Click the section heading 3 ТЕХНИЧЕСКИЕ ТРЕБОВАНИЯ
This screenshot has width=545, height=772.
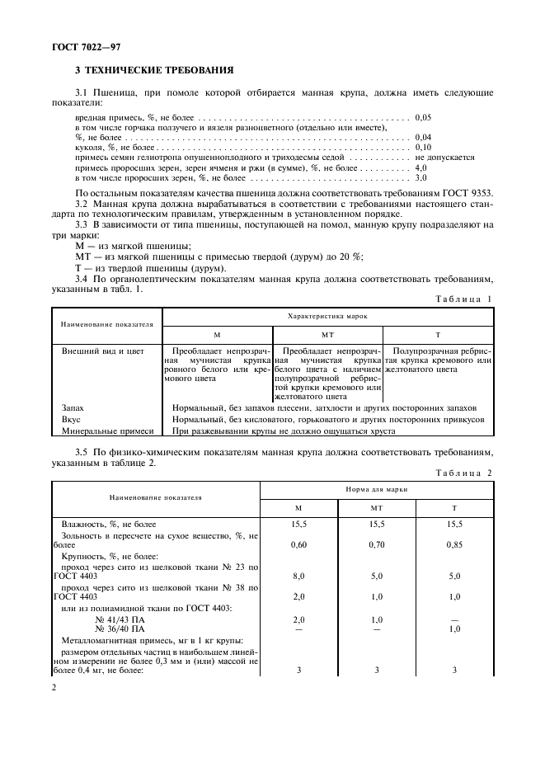pos(154,70)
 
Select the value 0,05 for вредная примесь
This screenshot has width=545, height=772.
pos(424,119)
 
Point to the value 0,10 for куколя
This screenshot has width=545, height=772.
pos(424,146)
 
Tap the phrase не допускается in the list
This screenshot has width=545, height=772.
pos(444,157)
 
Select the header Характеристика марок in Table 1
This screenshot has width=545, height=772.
pos(327,316)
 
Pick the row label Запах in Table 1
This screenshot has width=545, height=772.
pos(73,407)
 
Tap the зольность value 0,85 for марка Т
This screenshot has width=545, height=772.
pos(454,544)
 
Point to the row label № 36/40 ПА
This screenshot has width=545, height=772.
pos(115,629)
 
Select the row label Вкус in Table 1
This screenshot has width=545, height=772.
pos(71,419)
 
